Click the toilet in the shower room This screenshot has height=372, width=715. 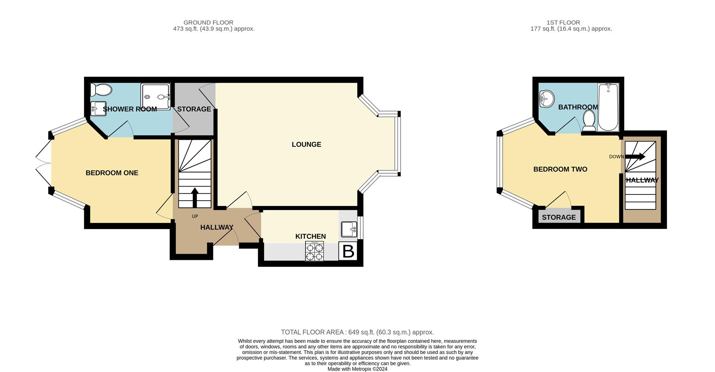[x=101, y=90]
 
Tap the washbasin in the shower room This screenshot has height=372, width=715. [x=98, y=108]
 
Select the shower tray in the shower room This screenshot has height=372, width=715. [x=156, y=96]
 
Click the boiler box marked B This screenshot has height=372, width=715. [x=348, y=251]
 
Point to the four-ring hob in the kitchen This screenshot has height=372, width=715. [x=314, y=251]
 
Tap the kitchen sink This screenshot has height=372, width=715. [x=349, y=229]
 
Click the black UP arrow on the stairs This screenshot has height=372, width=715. [x=194, y=198]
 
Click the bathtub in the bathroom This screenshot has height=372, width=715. [x=608, y=107]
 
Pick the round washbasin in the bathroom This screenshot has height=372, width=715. [x=547, y=99]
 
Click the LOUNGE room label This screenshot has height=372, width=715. [x=306, y=144]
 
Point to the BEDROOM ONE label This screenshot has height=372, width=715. [x=112, y=173]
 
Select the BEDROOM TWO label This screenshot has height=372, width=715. [x=560, y=169]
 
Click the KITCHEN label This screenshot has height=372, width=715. [x=311, y=236]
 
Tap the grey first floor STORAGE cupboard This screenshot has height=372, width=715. [x=559, y=216]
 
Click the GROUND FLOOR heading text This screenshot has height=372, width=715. [x=209, y=22]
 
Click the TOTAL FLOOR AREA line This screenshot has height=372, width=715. [x=357, y=332]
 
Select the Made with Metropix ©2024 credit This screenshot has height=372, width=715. [x=357, y=369]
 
